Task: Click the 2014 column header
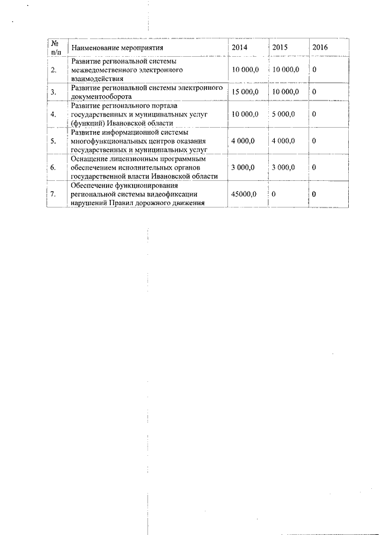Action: [240, 47]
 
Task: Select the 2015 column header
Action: [280, 47]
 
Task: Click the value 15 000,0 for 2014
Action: [245, 92]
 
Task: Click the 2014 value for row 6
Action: [245, 168]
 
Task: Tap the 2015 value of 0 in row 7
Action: [274, 194]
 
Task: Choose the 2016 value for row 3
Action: [314, 92]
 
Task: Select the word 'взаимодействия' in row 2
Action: [98, 77]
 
